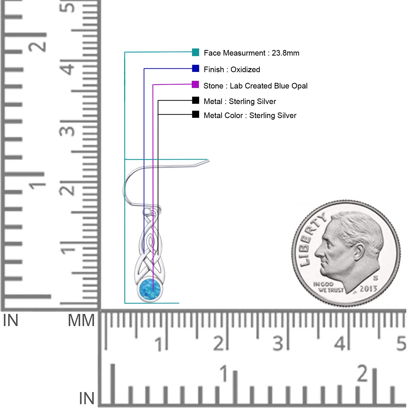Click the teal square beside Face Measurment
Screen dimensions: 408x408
(x=196, y=52)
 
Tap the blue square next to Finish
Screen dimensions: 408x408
(x=196, y=69)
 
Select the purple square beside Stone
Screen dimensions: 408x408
(x=195, y=84)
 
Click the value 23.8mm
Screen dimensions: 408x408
(x=285, y=53)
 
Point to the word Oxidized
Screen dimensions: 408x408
(x=245, y=69)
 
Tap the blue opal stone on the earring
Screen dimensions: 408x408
(x=150, y=289)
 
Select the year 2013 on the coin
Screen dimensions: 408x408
(x=368, y=289)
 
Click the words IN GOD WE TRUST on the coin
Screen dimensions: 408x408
(x=328, y=287)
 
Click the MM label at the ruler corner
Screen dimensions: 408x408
(x=81, y=321)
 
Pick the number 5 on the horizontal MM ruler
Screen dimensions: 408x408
(x=401, y=343)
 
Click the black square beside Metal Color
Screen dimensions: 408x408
(x=196, y=114)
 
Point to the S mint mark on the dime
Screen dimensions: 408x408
(x=376, y=278)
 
